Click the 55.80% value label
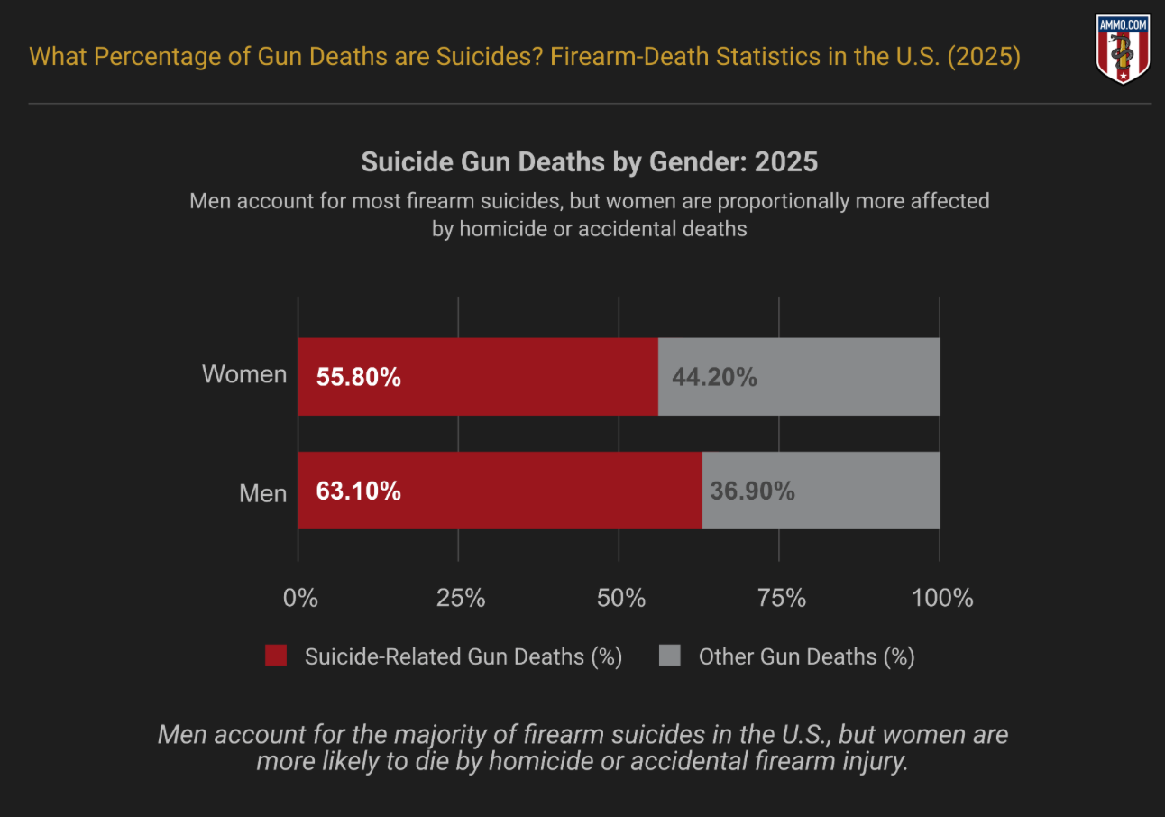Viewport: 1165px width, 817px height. [x=358, y=377]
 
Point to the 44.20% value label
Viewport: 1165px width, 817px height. [x=714, y=377]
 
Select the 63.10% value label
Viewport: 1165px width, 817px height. [x=358, y=491]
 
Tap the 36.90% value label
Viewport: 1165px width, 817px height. [x=752, y=491]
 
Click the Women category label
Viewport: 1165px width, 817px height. [x=244, y=374]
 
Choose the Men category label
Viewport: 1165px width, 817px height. [x=262, y=493]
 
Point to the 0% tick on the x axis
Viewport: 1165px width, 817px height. [x=300, y=598]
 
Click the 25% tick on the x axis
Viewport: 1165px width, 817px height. [x=461, y=598]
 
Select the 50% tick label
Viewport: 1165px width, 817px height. [x=621, y=598]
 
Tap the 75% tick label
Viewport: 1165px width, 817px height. [x=781, y=598]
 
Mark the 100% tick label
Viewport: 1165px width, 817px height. [x=942, y=598]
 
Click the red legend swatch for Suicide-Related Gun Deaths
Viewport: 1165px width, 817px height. [x=276, y=656]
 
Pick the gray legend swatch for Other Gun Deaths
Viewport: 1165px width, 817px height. [x=669, y=656]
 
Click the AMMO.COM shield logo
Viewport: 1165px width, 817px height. [x=1123, y=49]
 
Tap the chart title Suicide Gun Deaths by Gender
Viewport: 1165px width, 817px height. [x=589, y=162]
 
